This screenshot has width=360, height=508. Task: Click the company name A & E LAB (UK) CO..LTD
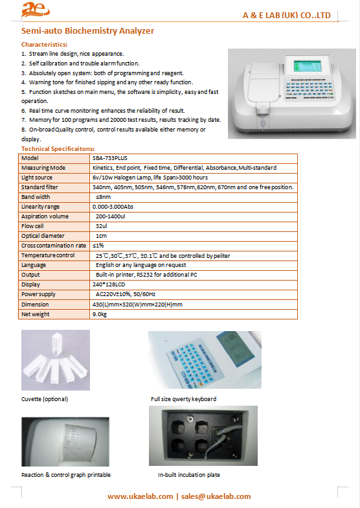[x=286, y=16]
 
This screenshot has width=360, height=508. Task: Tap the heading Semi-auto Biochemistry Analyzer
[x=87, y=31]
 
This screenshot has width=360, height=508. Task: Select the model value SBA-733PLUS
[x=110, y=158]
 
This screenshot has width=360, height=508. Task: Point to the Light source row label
[x=36, y=178]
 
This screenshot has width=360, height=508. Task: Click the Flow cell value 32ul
[x=101, y=226]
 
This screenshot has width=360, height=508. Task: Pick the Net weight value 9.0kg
[x=100, y=314]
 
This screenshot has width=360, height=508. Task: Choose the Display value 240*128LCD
[x=109, y=284]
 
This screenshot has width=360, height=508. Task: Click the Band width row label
[x=36, y=197]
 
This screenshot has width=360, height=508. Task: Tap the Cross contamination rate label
[x=54, y=246]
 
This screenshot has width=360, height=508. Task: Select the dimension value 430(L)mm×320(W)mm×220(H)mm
[x=137, y=305]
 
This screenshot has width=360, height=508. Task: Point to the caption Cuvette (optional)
[x=45, y=399]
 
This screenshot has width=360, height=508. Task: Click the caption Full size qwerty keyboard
[x=184, y=399]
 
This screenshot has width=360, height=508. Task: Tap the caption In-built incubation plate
[x=189, y=474]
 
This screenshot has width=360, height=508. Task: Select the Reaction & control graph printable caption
[x=66, y=474]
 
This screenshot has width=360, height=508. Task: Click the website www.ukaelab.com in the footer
[x=140, y=496]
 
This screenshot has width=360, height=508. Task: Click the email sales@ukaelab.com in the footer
[x=216, y=496]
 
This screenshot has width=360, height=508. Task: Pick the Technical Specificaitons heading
[x=58, y=149]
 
